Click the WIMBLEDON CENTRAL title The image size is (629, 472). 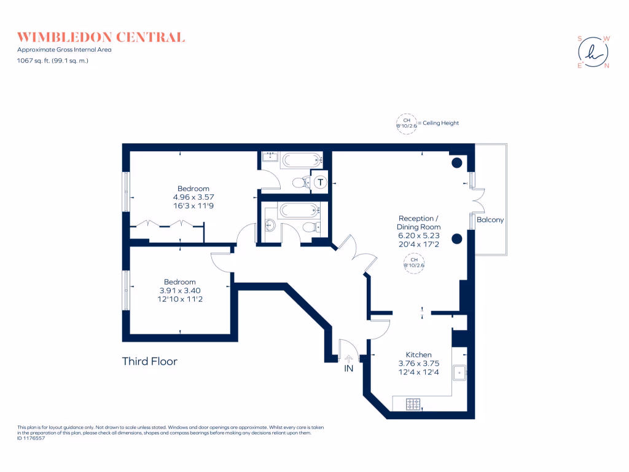pyautogui.click(x=101, y=37)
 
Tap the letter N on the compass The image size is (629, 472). pyautogui.click(x=607, y=66)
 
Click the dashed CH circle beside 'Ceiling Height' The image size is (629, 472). pyautogui.click(x=406, y=123)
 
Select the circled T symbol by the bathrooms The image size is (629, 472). pyautogui.click(x=320, y=182)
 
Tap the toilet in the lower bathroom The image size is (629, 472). pyautogui.click(x=311, y=227)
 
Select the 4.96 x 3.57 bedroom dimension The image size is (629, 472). pyautogui.click(x=193, y=197)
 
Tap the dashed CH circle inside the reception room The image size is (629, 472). pyautogui.click(x=414, y=263)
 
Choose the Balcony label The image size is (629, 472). pyautogui.click(x=490, y=219)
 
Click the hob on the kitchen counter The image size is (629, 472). pyautogui.click(x=413, y=404)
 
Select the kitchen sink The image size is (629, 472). pyautogui.click(x=459, y=373)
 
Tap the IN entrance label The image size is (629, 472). pyautogui.click(x=348, y=369)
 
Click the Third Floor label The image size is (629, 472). pyautogui.click(x=150, y=361)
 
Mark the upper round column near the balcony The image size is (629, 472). pyautogui.click(x=457, y=163)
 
